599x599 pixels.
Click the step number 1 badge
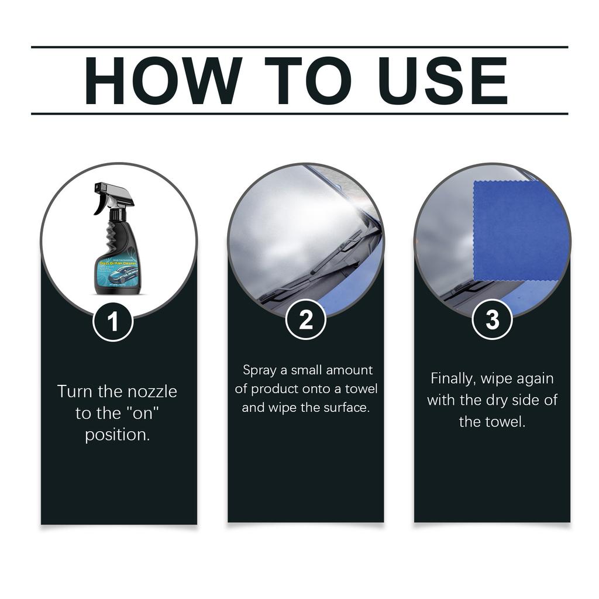113,321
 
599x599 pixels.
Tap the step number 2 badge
305,320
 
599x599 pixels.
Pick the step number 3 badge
492,320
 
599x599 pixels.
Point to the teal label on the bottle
116,272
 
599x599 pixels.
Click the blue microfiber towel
520,231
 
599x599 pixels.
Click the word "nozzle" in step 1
149,391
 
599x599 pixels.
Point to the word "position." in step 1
118,435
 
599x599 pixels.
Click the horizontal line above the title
299,47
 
